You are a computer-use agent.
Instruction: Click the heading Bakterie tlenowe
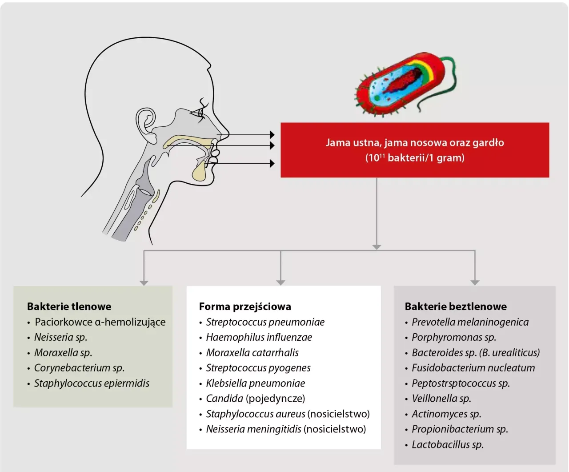[x=69, y=307]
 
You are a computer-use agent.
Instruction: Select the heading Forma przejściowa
[x=245, y=307]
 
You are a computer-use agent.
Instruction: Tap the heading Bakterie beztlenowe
[x=456, y=307]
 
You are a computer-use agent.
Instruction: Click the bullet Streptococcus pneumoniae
[x=265, y=322]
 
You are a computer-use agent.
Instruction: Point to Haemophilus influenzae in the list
[x=259, y=337]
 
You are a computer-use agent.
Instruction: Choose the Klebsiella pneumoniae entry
[x=255, y=383]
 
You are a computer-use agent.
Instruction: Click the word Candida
[x=224, y=399]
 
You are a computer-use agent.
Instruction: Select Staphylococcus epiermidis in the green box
[x=92, y=383]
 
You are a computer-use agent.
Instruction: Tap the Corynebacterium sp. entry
[x=79, y=368]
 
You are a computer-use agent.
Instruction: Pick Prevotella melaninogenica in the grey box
[x=470, y=322]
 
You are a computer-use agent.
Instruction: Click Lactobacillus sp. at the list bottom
[x=447, y=444]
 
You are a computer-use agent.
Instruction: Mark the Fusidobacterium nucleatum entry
[x=473, y=368]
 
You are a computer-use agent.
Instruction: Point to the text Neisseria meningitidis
[x=253, y=429]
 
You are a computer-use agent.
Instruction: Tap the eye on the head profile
[x=201, y=113]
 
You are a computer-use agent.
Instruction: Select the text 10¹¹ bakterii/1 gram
[x=415, y=158]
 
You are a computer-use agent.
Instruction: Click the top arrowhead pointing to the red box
[x=272, y=134]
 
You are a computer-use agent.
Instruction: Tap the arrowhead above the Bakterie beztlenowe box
[x=475, y=282]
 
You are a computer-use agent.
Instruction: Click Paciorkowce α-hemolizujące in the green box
[x=100, y=322]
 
